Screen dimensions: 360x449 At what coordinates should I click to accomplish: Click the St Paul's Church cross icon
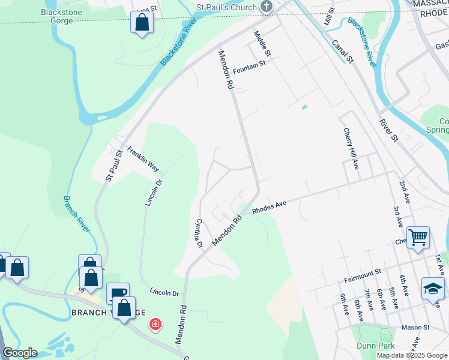(267, 7)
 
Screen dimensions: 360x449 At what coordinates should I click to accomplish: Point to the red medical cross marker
(155, 325)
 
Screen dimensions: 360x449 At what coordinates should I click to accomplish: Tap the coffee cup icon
(118, 293)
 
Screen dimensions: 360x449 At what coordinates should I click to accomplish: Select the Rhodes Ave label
(269, 207)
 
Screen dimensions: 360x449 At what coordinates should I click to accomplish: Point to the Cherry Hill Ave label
(351, 148)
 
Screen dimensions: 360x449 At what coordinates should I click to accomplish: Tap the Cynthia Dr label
(197, 232)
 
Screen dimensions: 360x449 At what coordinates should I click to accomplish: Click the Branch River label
(77, 213)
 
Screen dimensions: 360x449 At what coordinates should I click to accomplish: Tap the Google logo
(19, 353)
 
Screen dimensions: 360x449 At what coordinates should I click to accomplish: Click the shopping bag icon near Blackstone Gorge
(142, 23)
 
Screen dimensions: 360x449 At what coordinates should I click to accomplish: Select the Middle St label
(263, 44)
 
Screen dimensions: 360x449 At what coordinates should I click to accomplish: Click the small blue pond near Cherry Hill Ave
(304, 107)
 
